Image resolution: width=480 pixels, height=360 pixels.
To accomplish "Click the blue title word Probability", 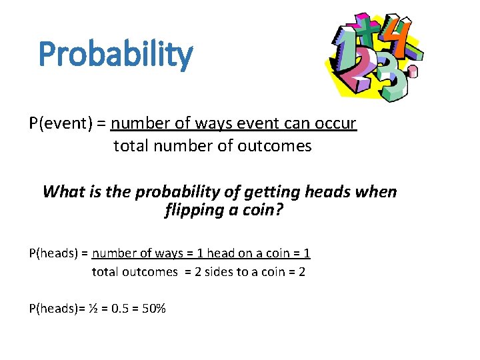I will (x=115, y=55).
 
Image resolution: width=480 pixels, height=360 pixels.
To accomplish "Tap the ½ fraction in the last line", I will (x=95, y=308).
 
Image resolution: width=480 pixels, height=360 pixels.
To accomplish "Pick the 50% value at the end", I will (x=153, y=308).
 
